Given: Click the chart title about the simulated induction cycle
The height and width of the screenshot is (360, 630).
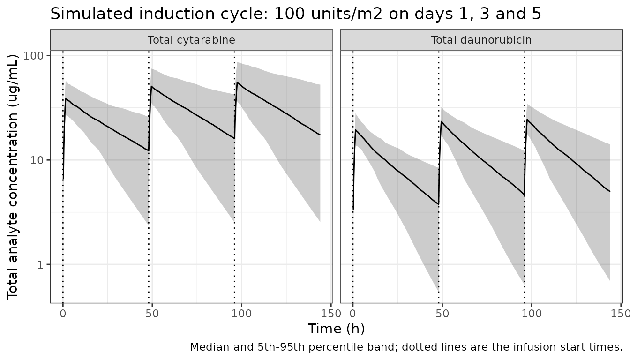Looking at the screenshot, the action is (x=296, y=14).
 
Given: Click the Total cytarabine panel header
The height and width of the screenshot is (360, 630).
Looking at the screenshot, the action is (x=192, y=40).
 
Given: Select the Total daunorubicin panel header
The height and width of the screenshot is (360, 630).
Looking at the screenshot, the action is (x=481, y=40).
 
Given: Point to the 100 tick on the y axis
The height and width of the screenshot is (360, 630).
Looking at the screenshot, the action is (x=34, y=56).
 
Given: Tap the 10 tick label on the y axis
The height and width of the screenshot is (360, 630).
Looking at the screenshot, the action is (x=37, y=160).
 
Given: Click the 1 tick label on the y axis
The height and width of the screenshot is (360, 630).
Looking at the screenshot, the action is (x=41, y=265).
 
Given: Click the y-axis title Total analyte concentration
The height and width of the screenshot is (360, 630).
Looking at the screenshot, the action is (x=12, y=177).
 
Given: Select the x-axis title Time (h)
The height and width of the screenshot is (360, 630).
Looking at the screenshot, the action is (x=337, y=329).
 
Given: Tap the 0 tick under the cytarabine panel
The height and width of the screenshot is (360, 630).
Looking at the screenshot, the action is (x=63, y=313).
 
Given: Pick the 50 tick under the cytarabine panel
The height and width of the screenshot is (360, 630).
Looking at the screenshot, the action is (x=152, y=313).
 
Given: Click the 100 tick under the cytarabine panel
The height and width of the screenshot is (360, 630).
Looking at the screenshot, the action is (x=241, y=313).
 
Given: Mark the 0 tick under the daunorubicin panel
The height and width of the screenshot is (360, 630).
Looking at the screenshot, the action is (x=352, y=313).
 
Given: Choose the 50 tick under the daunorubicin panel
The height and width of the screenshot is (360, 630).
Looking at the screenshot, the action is (x=442, y=313).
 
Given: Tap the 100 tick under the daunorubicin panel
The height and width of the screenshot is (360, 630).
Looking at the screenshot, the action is (x=532, y=313).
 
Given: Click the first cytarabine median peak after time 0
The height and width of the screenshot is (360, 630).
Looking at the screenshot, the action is (x=66, y=99).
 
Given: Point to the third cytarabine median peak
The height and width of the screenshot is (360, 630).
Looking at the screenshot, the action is (x=237, y=82).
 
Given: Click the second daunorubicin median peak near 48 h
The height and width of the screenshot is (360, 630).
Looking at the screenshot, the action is (x=442, y=121).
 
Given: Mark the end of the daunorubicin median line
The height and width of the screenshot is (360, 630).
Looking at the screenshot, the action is (x=610, y=192).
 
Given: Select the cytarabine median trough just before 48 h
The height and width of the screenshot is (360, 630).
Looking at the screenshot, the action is (x=149, y=151).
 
